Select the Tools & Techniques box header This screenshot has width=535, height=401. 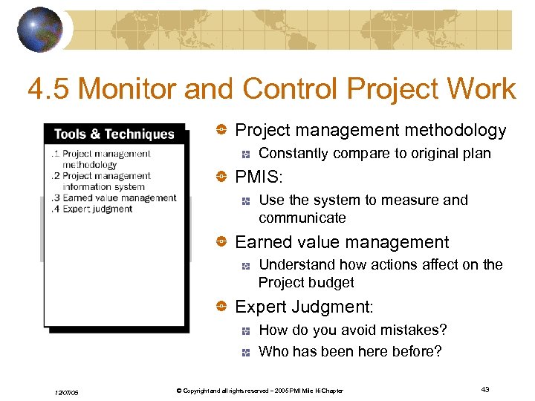(x=114, y=134)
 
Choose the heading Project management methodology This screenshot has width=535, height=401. (x=370, y=131)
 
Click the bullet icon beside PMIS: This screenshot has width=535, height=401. (x=221, y=177)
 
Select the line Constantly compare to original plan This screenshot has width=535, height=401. (x=374, y=154)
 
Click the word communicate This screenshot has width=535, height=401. (x=302, y=218)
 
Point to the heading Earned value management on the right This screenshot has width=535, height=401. (x=342, y=242)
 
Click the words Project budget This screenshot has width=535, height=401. (x=306, y=283)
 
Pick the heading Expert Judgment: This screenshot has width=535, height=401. (x=304, y=307)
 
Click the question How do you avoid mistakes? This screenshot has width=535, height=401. (x=353, y=330)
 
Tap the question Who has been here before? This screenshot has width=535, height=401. (x=349, y=352)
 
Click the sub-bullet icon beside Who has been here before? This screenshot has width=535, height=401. (x=244, y=352)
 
